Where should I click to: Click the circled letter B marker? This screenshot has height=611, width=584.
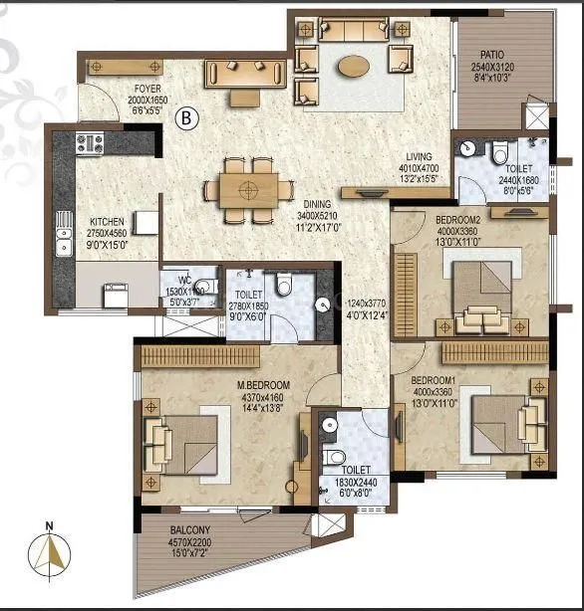[185, 118]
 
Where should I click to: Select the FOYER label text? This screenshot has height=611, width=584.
[148, 89]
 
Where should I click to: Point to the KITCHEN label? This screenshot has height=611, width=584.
[106, 222]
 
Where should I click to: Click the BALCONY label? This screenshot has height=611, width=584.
[189, 529]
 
